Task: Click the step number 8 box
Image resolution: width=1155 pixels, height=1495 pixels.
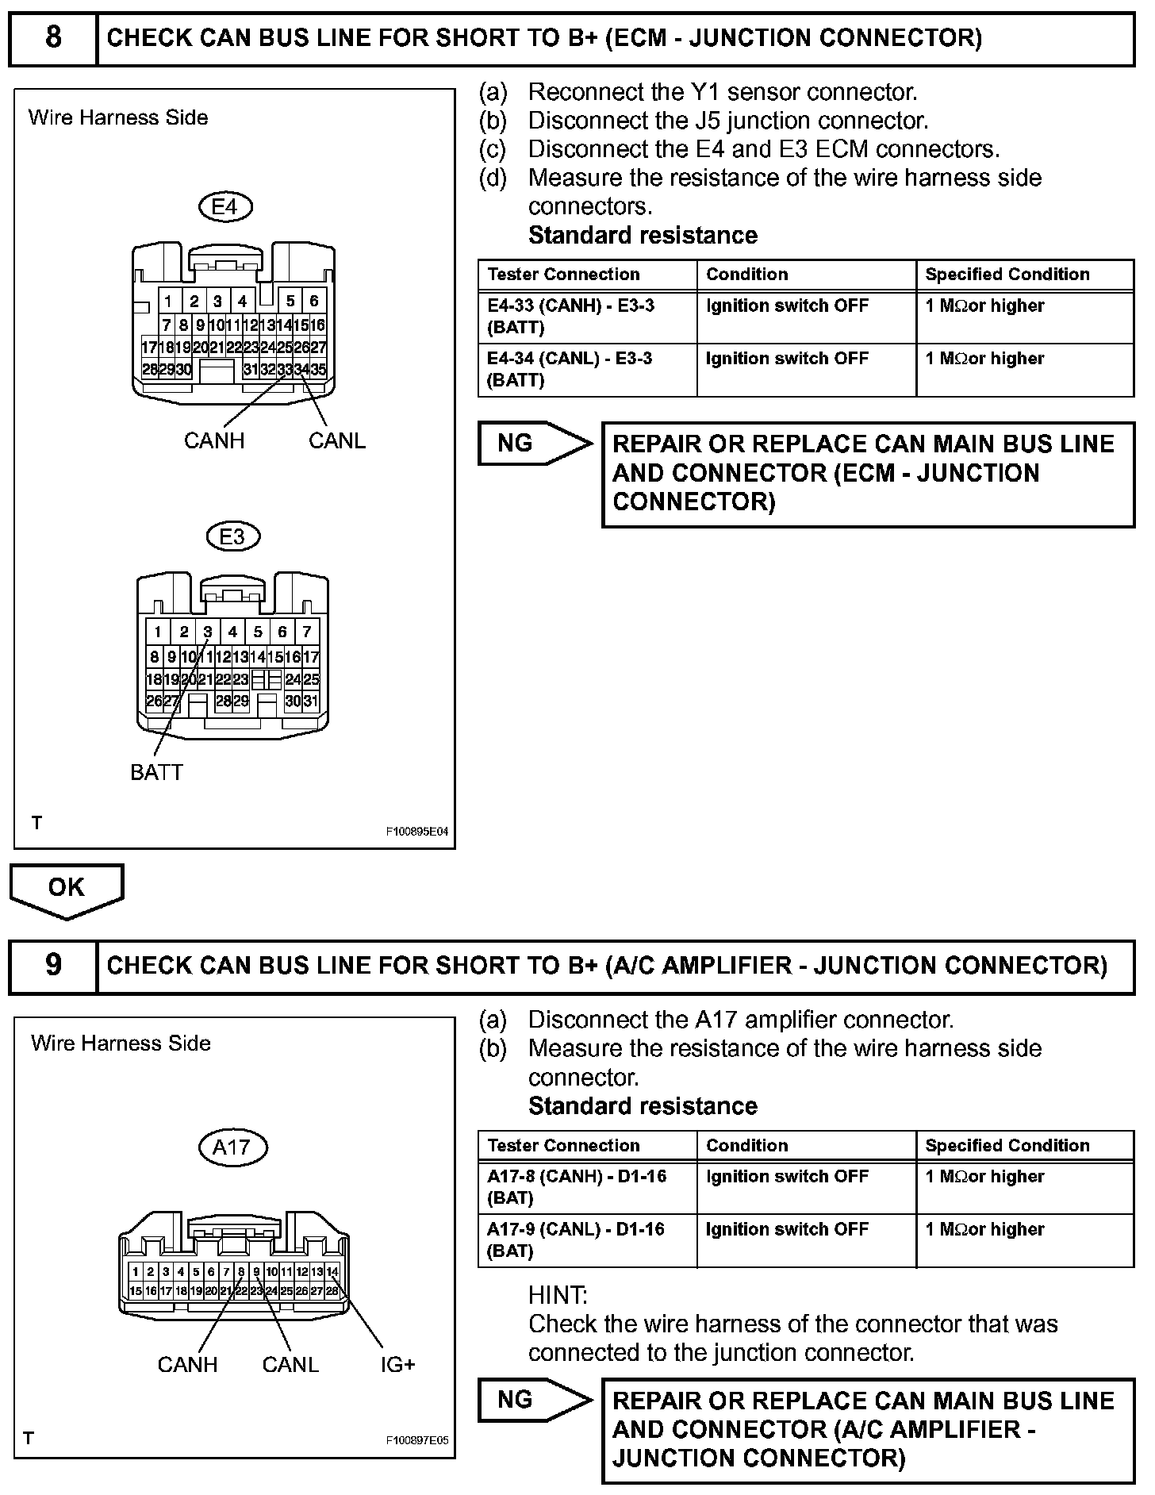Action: click(53, 38)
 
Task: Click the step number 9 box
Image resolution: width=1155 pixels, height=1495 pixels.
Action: click(53, 965)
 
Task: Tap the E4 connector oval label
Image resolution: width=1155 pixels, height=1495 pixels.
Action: click(224, 207)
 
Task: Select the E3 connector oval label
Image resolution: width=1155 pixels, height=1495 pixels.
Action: click(232, 536)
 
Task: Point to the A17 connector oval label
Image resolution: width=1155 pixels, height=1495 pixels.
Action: click(232, 1147)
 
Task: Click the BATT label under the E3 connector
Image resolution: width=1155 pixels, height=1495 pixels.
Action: click(156, 772)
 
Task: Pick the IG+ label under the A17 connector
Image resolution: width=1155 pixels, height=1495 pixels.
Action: click(397, 1364)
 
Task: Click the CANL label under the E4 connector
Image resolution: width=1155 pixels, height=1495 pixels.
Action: click(337, 440)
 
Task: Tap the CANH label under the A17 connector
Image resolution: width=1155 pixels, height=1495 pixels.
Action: click(187, 1364)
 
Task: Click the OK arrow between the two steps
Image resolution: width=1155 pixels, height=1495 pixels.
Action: click(67, 889)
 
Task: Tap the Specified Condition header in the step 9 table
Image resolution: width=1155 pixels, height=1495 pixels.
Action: click(1007, 1145)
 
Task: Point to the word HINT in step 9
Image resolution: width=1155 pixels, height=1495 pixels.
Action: click(558, 1295)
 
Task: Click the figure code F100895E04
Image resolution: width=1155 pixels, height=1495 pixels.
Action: click(417, 832)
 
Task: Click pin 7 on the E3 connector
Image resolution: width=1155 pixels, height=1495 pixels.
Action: click(307, 632)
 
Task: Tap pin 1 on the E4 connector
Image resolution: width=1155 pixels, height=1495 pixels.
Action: click(169, 301)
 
